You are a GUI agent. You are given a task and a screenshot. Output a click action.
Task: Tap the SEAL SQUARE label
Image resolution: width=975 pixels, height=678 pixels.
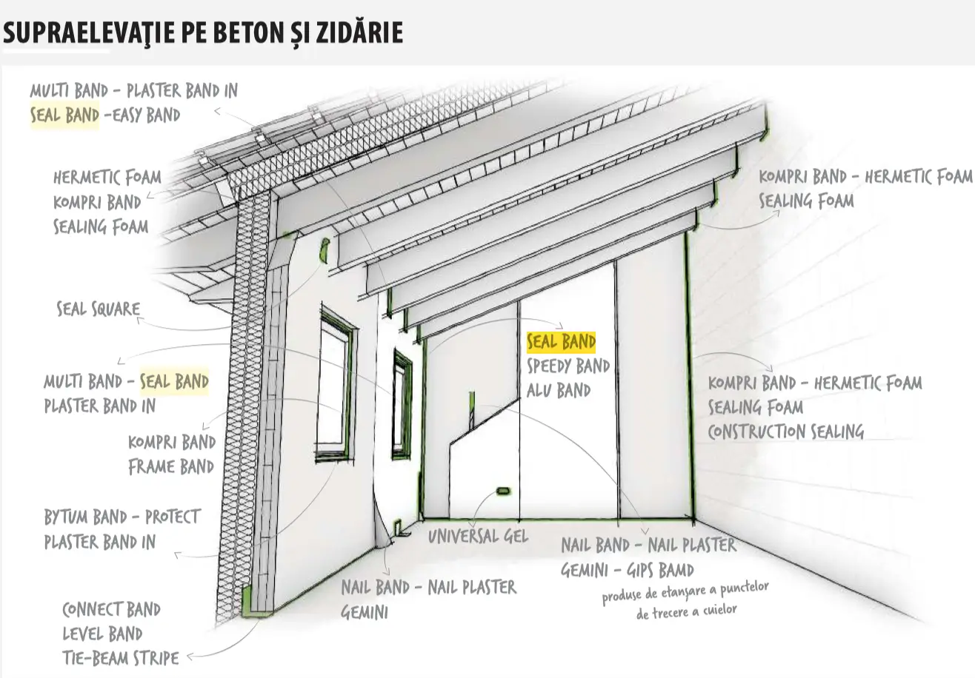[99, 309]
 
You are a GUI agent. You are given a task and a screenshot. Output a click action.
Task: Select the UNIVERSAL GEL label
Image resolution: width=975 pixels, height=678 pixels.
[478, 536]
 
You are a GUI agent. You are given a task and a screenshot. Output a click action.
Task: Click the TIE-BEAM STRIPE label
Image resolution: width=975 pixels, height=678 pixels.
[120, 657]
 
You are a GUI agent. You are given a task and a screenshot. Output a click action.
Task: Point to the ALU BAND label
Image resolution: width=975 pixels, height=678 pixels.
[558, 390]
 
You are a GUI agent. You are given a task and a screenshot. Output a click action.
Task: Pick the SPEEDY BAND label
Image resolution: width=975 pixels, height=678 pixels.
[568, 366]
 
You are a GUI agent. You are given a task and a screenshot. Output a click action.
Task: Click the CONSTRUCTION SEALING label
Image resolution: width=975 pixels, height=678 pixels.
[785, 432]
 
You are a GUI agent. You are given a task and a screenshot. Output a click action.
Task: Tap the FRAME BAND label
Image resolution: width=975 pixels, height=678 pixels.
[171, 467]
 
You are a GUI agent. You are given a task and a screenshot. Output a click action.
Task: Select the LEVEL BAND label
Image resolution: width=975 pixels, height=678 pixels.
[102, 634]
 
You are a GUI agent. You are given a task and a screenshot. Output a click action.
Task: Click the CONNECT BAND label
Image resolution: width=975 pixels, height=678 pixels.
[111, 609]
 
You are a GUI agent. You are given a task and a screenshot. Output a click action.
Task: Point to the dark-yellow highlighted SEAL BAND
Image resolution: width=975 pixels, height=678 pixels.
[561, 341]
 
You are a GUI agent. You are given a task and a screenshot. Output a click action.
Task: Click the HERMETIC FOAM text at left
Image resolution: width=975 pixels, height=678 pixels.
[107, 178]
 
